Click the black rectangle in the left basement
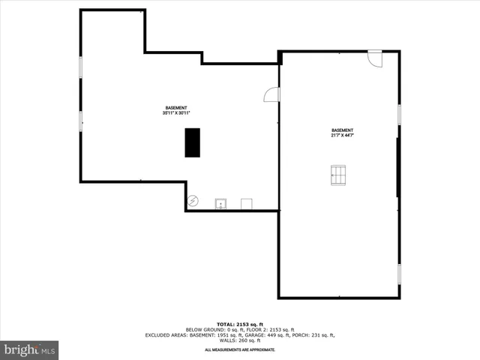193,142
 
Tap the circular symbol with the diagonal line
193,201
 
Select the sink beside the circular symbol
221,203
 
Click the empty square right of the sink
246,203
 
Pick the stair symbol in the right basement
338,175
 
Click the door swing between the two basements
272,94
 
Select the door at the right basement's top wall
375,58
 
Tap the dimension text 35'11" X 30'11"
176,113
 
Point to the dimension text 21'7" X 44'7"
342,136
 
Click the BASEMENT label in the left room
176,108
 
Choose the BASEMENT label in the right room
342,130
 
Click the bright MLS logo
29,349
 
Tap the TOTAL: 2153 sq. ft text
240,322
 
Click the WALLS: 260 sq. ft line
240,340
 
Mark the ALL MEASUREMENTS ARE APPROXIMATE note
240,349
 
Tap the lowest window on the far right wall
399,274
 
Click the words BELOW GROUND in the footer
203,328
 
